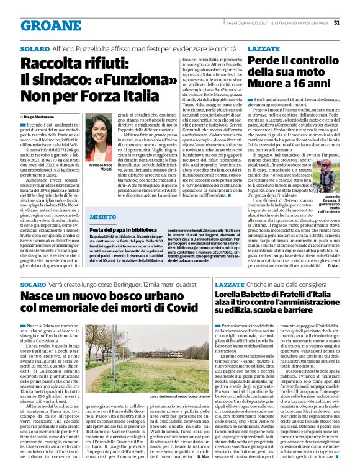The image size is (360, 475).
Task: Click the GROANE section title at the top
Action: [x=51, y=25]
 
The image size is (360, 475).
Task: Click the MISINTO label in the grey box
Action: [x=103, y=217]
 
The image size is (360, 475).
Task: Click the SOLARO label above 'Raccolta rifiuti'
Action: [x=34, y=48]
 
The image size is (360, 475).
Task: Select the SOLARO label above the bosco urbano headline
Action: [x=34, y=283]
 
